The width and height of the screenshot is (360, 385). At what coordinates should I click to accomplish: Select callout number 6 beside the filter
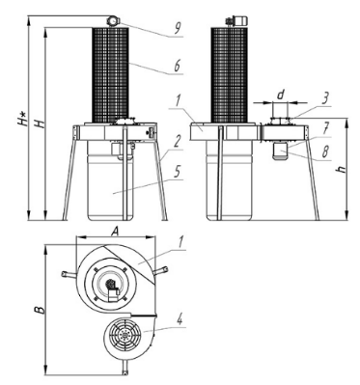(x=177, y=67)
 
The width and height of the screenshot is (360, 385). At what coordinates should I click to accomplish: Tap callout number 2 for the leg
(x=177, y=142)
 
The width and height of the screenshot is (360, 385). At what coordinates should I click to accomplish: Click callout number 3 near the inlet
(x=325, y=99)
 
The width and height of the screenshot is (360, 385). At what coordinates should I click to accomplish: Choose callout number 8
(x=325, y=151)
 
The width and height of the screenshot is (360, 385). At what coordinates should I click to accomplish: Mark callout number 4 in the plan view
(x=180, y=320)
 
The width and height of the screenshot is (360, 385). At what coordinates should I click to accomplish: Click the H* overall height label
(x=22, y=118)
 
